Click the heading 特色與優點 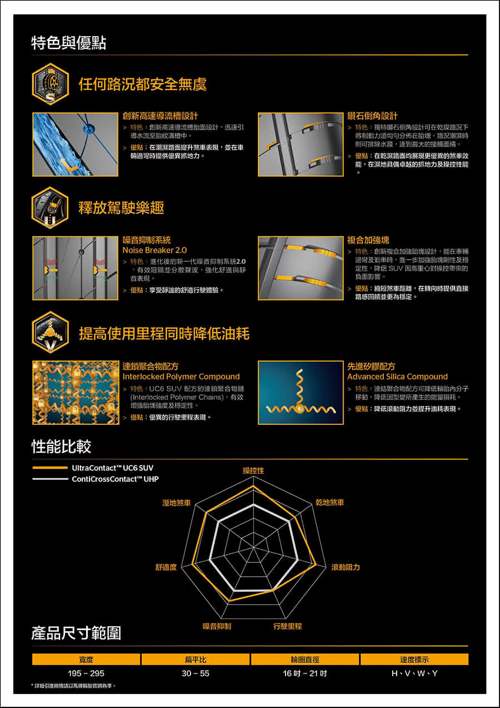(68, 43)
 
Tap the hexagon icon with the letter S (50, 84)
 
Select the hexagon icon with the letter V (50, 333)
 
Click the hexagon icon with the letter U (50, 208)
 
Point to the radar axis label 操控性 (253, 471)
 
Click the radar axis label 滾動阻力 (346, 567)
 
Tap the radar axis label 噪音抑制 (217, 626)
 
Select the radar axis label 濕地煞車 (177, 503)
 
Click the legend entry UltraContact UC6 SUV (93, 468)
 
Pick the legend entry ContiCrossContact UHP (96, 479)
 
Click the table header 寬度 (86, 659)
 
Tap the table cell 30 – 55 (196, 673)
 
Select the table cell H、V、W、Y (414, 673)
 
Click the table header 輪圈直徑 (305, 659)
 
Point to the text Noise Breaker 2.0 (154, 250)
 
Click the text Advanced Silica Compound (397, 377)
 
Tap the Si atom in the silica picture (300, 410)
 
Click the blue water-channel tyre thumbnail (76, 145)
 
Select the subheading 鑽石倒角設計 (372, 116)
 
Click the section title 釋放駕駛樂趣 (121, 207)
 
